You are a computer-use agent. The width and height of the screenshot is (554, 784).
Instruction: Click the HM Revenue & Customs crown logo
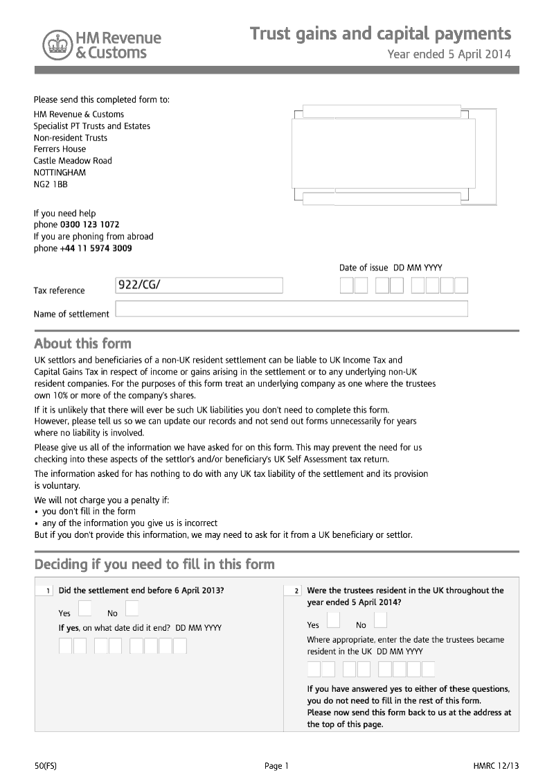tap(57, 45)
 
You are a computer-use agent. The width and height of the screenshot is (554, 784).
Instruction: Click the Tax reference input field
tap(199, 286)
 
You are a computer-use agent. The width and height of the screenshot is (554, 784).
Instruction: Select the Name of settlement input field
tap(292, 308)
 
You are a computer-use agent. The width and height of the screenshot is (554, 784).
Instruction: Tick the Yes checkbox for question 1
tap(84, 609)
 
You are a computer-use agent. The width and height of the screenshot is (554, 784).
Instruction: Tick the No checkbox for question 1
tap(132, 609)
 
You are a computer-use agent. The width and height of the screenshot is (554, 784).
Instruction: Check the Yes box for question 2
tap(333, 620)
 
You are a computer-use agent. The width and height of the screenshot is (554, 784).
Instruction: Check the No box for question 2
tap(380, 620)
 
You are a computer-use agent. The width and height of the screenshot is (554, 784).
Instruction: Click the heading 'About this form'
tap(82, 344)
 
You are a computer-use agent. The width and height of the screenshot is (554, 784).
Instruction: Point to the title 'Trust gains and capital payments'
tap(380, 34)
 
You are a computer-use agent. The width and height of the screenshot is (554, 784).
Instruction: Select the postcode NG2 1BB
tap(51, 184)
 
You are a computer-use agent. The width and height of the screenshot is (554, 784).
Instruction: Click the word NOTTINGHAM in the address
tap(60, 173)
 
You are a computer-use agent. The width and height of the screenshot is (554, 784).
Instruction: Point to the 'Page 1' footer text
tap(276, 766)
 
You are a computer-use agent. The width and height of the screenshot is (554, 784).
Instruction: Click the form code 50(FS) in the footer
tap(46, 766)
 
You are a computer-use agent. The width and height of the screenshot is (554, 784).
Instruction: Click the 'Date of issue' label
tap(364, 268)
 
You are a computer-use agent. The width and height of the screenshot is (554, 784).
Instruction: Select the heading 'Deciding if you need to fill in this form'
tap(154, 564)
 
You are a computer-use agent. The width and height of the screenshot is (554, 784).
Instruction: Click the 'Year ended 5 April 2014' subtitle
tap(449, 54)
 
